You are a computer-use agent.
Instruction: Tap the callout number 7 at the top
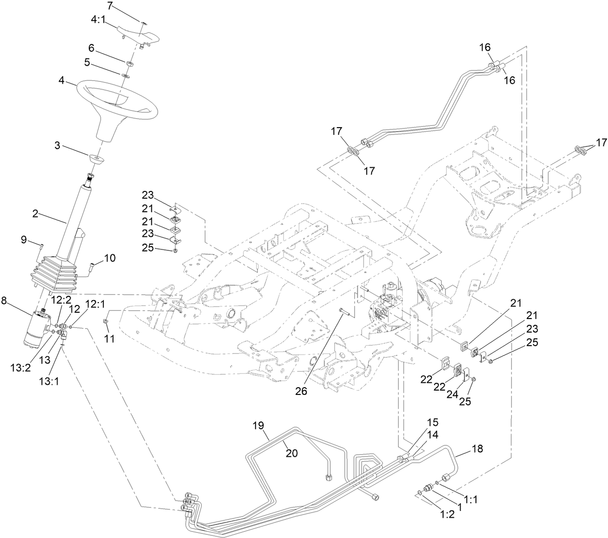[110, 6]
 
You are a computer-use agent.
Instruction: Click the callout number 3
[58, 145]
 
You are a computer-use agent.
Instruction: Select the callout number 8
[4, 300]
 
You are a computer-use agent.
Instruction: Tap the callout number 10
[110, 258]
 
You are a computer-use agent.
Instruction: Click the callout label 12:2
[60, 300]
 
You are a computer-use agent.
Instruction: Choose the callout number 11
[110, 339]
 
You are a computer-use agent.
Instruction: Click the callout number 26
[301, 392]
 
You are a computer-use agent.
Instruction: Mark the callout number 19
[259, 426]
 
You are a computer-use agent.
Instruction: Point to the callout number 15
[432, 422]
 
